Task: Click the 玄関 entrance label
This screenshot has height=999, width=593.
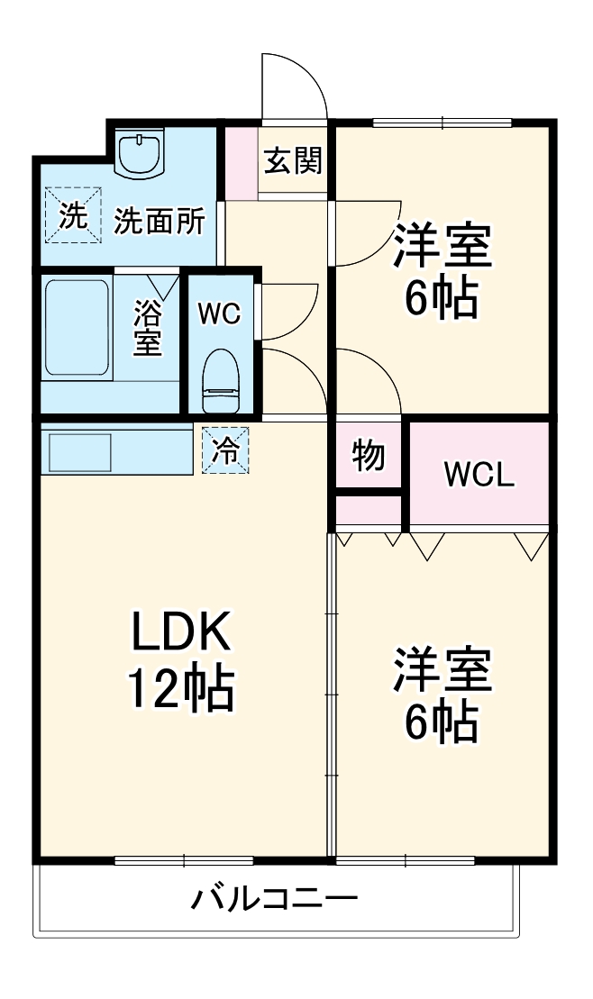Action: coord(293,162)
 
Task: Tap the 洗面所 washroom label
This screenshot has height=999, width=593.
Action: coord(159,222)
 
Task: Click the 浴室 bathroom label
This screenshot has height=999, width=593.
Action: coord(148,328)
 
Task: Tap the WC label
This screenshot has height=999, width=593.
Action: coord(219,313)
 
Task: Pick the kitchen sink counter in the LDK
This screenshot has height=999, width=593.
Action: coord(115,450)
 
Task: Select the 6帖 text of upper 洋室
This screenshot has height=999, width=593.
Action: coord(441,301)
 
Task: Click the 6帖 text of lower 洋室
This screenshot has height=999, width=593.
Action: coord(441,721)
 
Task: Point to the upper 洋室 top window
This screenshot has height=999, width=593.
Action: coord(442,123)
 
